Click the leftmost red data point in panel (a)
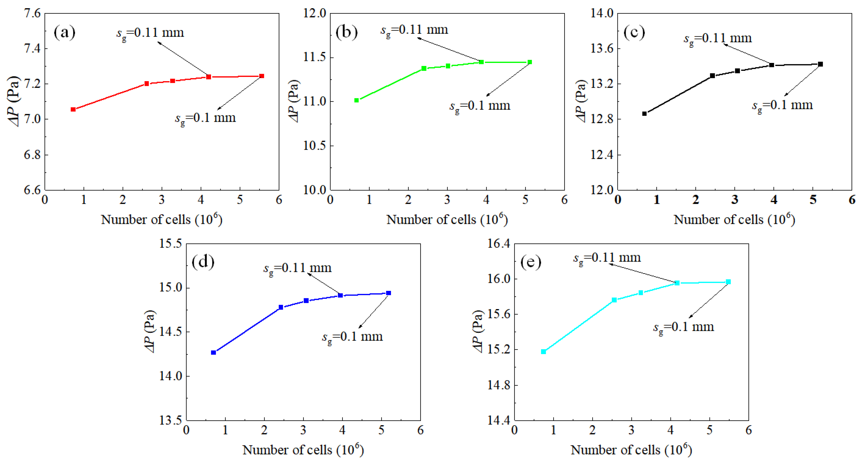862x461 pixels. click(x=73, y=109)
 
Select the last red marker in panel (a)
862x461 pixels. click(x=262, y=76)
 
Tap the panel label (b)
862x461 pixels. click(x=346, y=32)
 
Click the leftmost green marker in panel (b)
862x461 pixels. click(x=357, y=100)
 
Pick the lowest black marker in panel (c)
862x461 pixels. click(x=644, y=114)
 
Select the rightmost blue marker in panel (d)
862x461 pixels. click(x=389, y=293)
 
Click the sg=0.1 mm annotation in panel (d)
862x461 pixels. click(x=352, y=337)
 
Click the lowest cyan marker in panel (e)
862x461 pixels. click(x=544, y=352)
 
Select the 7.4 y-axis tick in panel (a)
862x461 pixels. click(x=32, y=48)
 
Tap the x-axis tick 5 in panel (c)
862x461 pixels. click(x=813, y=200)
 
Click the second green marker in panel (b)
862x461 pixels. click(x=424, y=68)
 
